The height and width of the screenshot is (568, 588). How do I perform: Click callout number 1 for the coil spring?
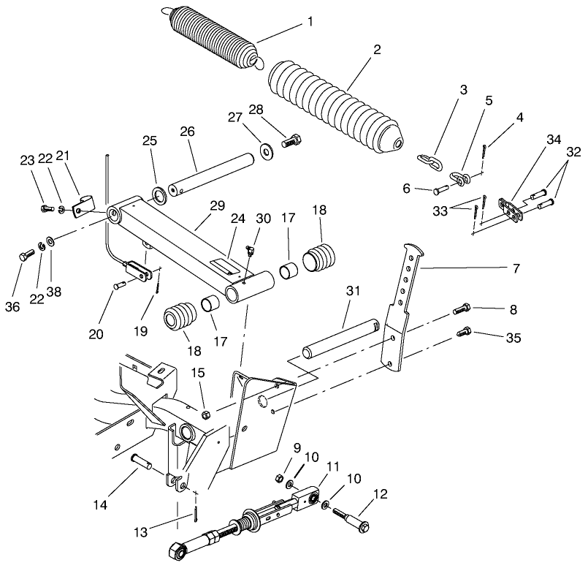coord(310,21)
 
